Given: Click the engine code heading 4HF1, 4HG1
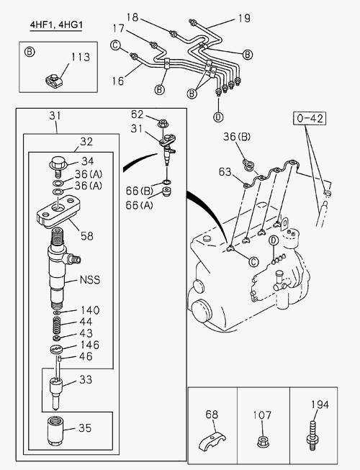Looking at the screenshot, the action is tap(55, 25).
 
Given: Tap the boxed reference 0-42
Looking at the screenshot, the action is tap(310, 118).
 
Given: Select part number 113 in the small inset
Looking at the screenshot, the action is tap(81, 57).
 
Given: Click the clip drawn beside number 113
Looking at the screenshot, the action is tap(54, 81).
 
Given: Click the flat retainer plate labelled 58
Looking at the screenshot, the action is tap(59, 212).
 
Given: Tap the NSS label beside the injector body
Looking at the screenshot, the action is tap(89, 280).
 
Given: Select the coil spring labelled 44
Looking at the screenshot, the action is tap(57, 325).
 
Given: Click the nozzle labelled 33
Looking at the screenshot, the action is tap(55, 394).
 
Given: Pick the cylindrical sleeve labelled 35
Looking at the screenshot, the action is tap(55, 430).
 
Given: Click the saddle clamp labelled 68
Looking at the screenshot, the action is tap(212, 440).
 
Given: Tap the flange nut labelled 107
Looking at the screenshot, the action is tap(263, 441).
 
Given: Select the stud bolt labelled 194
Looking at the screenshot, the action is tap(312, 435).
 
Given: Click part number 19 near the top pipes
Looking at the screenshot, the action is tap(244, 18).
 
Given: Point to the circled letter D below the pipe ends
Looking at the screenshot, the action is tap(218, 117).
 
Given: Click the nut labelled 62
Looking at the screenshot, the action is tap(163, 123).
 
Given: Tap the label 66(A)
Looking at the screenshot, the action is tap(139, 205).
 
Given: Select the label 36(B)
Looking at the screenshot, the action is tap(237, 137).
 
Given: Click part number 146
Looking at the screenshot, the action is tap(89, 345).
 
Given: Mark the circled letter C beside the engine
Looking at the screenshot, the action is tap(253, 262).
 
